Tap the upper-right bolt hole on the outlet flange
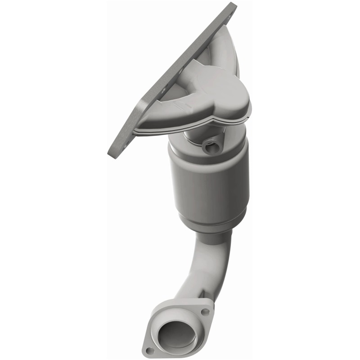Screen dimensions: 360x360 coord(205,311)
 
